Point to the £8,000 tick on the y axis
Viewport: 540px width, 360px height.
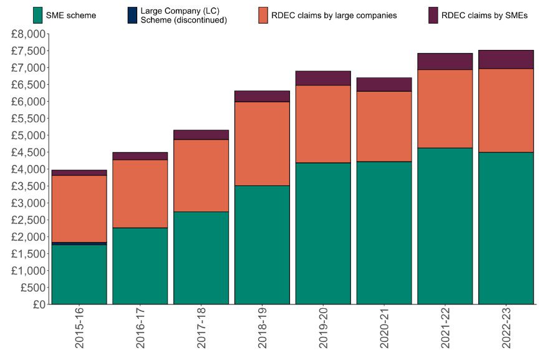[28, 34]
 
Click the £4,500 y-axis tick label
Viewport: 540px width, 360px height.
[28, 152]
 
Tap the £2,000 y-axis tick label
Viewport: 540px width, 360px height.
[28, 237]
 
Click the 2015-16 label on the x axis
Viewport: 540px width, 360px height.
[79, 327]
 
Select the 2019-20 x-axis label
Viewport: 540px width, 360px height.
[323, 327]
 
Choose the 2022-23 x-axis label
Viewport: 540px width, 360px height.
[506, 327]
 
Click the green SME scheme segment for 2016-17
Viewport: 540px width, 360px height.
[140, 266]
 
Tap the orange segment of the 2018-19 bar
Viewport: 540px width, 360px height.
[262, 144]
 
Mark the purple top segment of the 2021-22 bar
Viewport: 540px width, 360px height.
[445, 61]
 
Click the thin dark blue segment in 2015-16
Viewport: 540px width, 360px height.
[79, 243]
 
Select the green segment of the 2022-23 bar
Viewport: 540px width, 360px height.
[506, 228]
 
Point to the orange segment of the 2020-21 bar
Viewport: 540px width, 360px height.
[384, 127]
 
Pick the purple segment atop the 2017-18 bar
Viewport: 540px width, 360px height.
[201, 135]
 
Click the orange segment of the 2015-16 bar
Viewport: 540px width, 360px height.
[79, 208]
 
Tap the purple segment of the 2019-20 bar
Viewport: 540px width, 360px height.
[323, 78]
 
